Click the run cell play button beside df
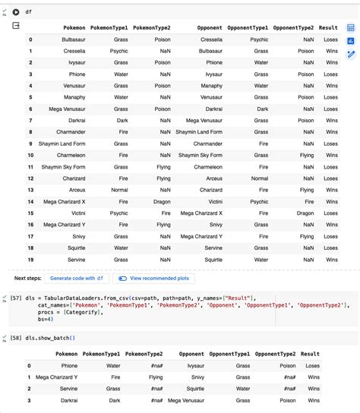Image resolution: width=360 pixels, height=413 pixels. click(x=16, y=12)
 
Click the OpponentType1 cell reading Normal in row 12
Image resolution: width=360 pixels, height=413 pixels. click(x=260, y=178)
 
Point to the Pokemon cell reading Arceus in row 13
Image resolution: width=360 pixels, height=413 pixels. click(x=74, y=190)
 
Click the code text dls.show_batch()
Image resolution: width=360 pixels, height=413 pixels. click(x=51, y=337)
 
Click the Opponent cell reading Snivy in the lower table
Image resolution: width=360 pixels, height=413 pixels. click(x=197, y=377)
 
